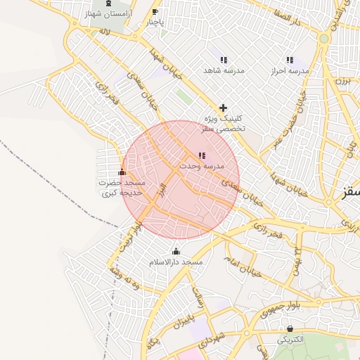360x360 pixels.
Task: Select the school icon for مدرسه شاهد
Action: (x=224, y=60)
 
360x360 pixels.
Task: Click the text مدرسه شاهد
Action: (x=224, y=72)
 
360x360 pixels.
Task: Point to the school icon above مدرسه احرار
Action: (x=290, y=60)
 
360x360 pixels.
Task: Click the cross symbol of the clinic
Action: (x=223, y=108)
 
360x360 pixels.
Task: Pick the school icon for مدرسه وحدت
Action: (x=202, y=155)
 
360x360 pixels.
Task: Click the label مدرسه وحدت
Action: (x=201, y=167)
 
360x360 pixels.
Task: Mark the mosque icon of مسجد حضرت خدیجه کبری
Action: (x=122, y=172)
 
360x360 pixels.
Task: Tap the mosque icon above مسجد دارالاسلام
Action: (x=176, y=251)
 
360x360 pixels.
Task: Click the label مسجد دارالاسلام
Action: (x=176, y=262)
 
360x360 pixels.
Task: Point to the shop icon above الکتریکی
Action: (x=290, y=328)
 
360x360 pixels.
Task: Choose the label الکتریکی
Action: (x=290, y=339)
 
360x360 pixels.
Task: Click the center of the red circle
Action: (x=181, y=179)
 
